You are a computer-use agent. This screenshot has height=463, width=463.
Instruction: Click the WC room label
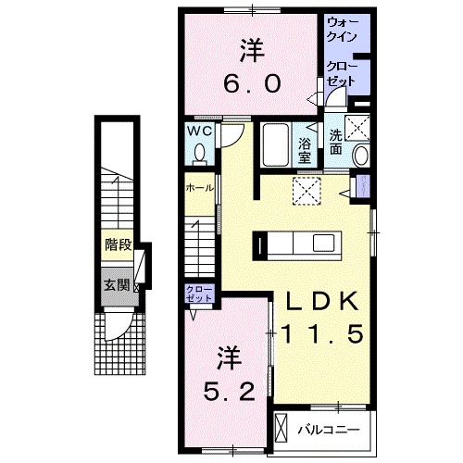pos(202,131)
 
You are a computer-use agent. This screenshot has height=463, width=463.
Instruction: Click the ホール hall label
pos(200,187)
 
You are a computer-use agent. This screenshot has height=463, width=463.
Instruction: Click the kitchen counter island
pos(302,244)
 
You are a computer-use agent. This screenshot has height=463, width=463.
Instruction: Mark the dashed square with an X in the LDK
pos(305,189)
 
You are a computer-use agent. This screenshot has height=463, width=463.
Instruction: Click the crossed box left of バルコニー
pos(284,430)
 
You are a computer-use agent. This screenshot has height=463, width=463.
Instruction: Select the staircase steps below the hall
pos(201,244)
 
